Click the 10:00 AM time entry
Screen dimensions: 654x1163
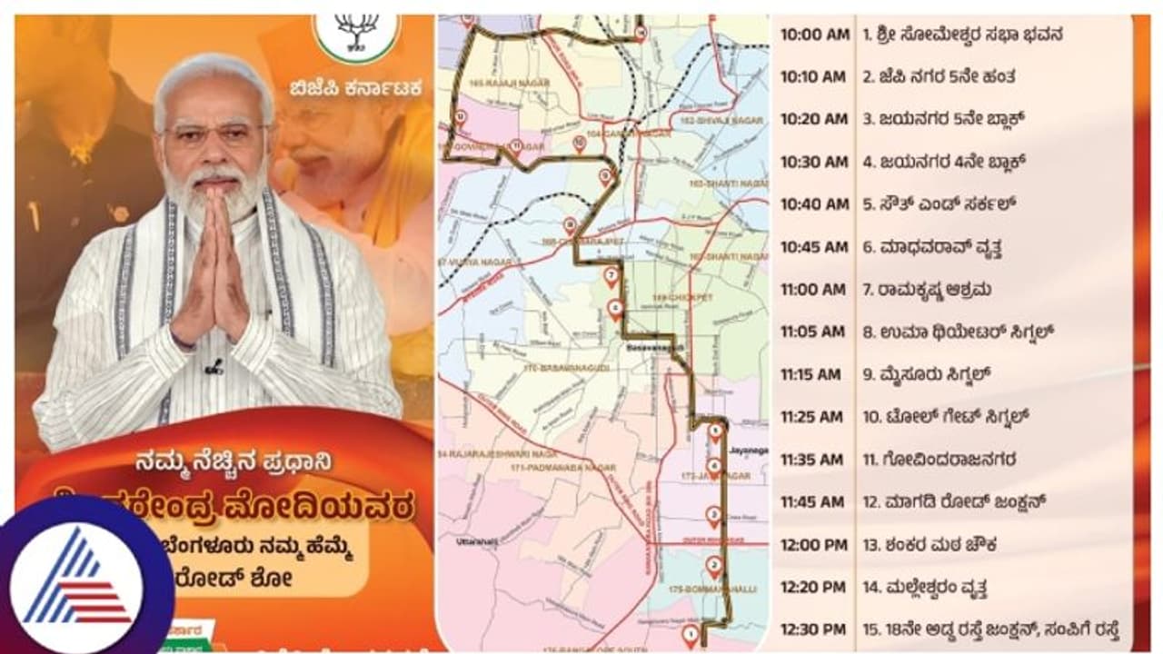(814, 35)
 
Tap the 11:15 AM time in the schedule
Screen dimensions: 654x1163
(810, 374)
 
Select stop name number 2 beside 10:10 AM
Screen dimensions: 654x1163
(939, 77)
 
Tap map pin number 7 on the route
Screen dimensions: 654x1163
(611, 274)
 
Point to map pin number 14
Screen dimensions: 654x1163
(641, 34)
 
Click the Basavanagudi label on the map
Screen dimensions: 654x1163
(650, 347)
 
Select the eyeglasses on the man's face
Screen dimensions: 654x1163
(214, 135)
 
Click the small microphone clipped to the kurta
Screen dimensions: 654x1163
(214, 368)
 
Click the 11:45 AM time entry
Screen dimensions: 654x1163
(811, 502)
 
